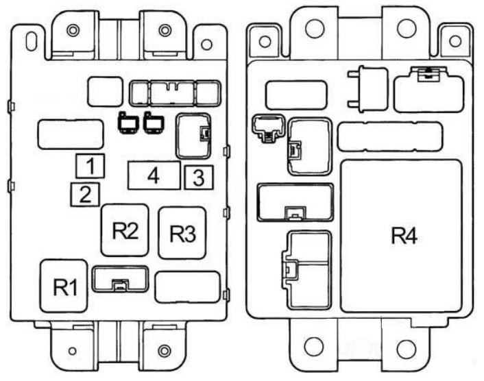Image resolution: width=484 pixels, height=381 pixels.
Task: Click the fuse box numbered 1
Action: (90, 166)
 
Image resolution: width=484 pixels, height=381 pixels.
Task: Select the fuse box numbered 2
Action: (85, 195)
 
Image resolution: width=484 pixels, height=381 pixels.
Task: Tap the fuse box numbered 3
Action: (199, 177)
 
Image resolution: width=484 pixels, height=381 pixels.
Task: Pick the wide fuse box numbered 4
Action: (154, 175)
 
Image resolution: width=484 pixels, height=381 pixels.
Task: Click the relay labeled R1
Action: (64, 286)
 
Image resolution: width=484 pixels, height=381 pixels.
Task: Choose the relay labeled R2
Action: (125, 230)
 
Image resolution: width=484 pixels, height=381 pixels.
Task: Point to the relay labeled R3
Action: (182, 233)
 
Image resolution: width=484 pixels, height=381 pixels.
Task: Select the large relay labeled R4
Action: (402, 236)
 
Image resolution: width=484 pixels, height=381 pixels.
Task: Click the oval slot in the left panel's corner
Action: (31, 40)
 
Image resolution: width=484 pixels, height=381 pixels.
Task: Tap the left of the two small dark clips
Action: (128, 123)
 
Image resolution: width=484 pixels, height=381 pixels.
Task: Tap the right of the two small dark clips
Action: (154, 123)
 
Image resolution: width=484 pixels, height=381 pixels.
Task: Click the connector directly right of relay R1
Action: (121, 279)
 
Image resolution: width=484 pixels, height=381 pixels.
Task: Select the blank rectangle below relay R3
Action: (188, 287)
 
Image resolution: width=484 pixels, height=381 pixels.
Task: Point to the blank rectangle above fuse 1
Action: (71, 134)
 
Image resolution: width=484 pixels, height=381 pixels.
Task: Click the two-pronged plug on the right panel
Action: (367, 88)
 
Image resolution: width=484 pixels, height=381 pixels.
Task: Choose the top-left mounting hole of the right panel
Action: (265, 41)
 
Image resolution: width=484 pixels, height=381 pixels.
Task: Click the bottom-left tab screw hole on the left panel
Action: (72, 351)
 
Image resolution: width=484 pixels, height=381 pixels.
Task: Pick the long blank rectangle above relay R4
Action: (390, 136)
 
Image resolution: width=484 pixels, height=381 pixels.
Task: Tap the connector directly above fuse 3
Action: (193, 136)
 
